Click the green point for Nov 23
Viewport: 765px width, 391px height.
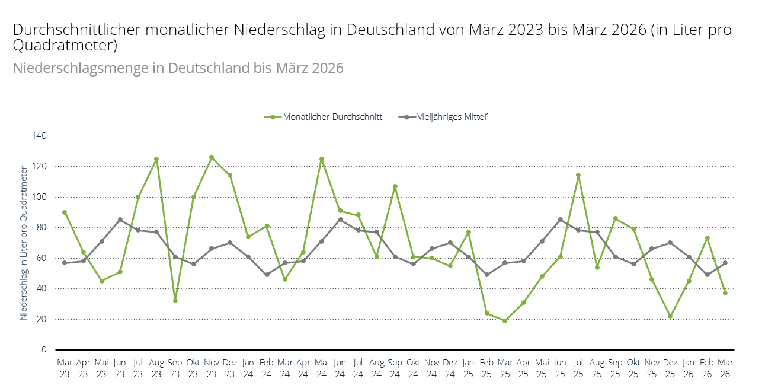tap(212, 157)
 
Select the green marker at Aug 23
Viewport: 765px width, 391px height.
tap(156, 159)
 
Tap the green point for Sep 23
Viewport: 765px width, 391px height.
tap(175, 301)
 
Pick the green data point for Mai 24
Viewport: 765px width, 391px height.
tap(322, 159)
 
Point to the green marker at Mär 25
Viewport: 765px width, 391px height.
tap(505, 321)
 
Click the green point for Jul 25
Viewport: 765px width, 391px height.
tap(578, 175)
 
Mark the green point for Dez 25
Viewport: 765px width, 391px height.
tap(670, 316)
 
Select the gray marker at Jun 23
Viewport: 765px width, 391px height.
tap(120, 220)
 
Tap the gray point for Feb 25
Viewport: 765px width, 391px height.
tap(486, 275)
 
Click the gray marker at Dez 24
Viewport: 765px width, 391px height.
tap(450, 243)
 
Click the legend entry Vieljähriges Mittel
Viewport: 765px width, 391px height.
tap(444, 117)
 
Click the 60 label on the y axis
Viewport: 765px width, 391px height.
tap(41, 258)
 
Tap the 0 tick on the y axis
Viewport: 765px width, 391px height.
tap(44, 349)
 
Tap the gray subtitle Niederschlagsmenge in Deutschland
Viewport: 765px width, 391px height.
tap(178, 68)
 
